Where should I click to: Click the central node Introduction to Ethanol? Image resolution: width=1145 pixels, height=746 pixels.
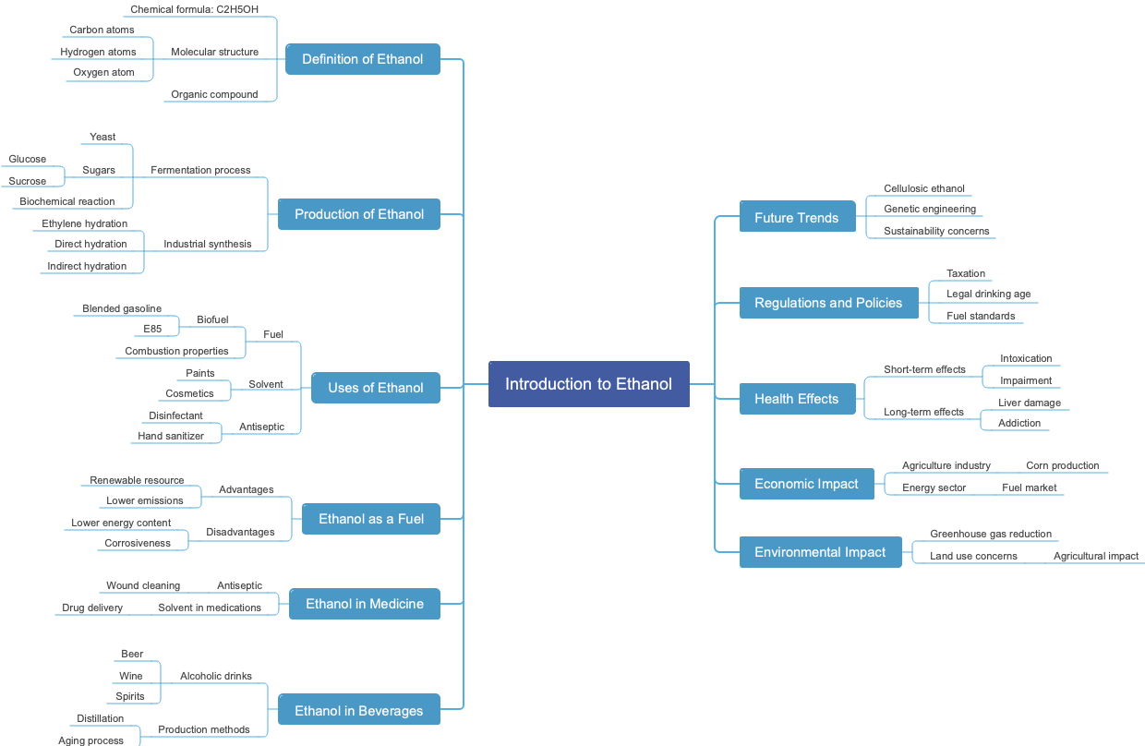tap(588, 384)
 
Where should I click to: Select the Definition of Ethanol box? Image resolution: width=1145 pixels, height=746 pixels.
tap(362, 59)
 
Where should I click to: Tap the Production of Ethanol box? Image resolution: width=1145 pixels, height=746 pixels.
tap(359, 214)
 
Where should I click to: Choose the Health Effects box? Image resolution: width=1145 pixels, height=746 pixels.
tap(797, 399)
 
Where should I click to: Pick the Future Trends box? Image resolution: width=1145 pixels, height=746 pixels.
tap(797, 218)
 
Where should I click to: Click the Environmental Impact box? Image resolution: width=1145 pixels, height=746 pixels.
tap(820, 552)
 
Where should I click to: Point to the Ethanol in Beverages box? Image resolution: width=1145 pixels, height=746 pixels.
tap(358, 711)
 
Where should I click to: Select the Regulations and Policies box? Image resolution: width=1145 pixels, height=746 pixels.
tap(828, 303)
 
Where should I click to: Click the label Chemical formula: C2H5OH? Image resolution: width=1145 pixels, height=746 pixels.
tap(194, 9)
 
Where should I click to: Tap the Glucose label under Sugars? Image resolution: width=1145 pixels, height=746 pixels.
tap(28, 159)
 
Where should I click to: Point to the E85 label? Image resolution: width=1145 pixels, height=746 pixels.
tap(152, 329)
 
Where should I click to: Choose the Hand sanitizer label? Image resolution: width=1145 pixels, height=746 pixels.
tap(171, 436)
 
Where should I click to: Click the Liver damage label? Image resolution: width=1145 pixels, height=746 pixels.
tap(1030, 403)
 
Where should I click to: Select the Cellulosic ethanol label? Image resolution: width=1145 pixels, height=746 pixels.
tap(923, 188)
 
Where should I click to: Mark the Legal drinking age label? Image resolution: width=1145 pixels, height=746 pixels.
tap(988, 294)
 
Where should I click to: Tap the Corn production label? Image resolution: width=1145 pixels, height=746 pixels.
tap(1062, 465)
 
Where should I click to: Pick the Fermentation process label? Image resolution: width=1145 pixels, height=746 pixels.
tap(200, 170)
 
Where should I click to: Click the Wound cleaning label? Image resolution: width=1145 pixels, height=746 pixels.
tap(143, 585)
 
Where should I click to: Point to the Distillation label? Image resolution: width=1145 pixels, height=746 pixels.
tap(101, 718)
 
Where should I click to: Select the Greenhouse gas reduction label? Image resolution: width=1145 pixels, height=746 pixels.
tap(991, 534)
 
